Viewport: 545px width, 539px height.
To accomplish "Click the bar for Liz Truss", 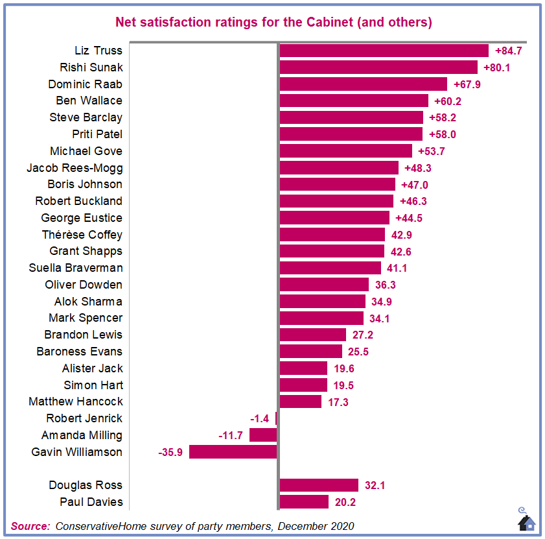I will click(x=383, y=51).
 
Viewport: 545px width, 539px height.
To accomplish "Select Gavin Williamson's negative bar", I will click(x=233, y=451).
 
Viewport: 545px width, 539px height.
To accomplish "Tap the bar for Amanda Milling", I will click(x=263, y=435).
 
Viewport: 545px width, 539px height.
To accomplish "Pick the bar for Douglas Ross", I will click(x=318, y=485).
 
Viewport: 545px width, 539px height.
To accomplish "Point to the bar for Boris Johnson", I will click(x=337, y=184).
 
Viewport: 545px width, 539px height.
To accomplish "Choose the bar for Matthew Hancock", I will click(x=300, y=401).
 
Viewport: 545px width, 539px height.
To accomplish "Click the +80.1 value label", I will click(x=497, y=67).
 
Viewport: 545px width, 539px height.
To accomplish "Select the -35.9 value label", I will click(x=171, y=452).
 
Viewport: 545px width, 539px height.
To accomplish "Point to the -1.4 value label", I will click(x=261, y=418).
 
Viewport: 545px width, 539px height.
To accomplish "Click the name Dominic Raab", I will click(x=85, y=84).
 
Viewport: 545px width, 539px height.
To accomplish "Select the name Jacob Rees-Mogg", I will click(x=75, y=168).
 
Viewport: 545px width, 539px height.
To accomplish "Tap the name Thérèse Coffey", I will click(x=82, y=235).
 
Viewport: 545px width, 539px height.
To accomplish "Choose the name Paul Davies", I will click(x=91, y=502).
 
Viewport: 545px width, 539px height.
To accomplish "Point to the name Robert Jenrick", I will click(x=84, y=418).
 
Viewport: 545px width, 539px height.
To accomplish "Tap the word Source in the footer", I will click(x=30, y=525).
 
